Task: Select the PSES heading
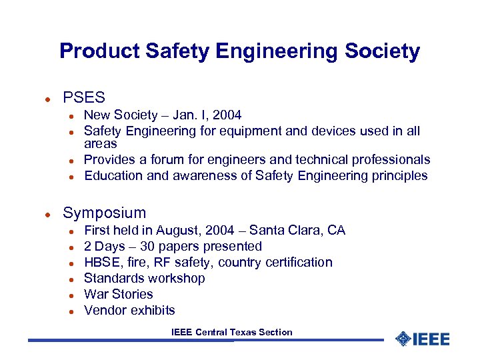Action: [x=84, y=97]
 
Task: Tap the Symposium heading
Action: [x=104, y=213]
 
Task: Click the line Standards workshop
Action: [x=144, y=278]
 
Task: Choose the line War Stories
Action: [x=118, y=294]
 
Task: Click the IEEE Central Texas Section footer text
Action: [x=231, y=332]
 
